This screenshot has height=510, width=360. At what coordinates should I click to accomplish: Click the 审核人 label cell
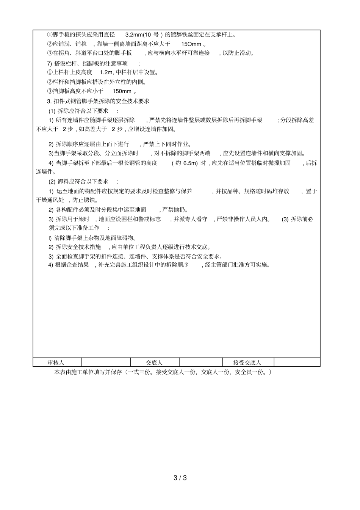56,362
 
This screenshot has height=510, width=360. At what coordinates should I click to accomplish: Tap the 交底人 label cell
154,362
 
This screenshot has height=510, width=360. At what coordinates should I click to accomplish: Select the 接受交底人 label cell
247,362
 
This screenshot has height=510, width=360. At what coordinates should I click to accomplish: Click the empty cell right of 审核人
106,362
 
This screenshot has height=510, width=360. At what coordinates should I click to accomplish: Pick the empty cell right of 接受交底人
297,362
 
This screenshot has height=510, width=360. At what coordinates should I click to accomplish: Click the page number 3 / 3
180,477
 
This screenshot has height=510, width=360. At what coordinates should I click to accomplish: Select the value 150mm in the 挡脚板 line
122,91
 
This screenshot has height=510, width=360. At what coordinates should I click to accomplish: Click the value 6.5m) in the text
190,163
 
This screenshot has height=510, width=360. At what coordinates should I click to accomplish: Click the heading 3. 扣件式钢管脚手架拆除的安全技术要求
98,101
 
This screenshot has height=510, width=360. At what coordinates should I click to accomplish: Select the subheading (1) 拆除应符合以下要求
78,111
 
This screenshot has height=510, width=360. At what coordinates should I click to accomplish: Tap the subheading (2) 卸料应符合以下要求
78,181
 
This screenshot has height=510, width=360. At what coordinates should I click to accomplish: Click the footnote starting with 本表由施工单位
163,372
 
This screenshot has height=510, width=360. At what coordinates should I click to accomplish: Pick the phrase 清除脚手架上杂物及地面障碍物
95,238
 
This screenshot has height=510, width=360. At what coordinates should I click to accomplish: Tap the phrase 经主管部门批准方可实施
238,265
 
